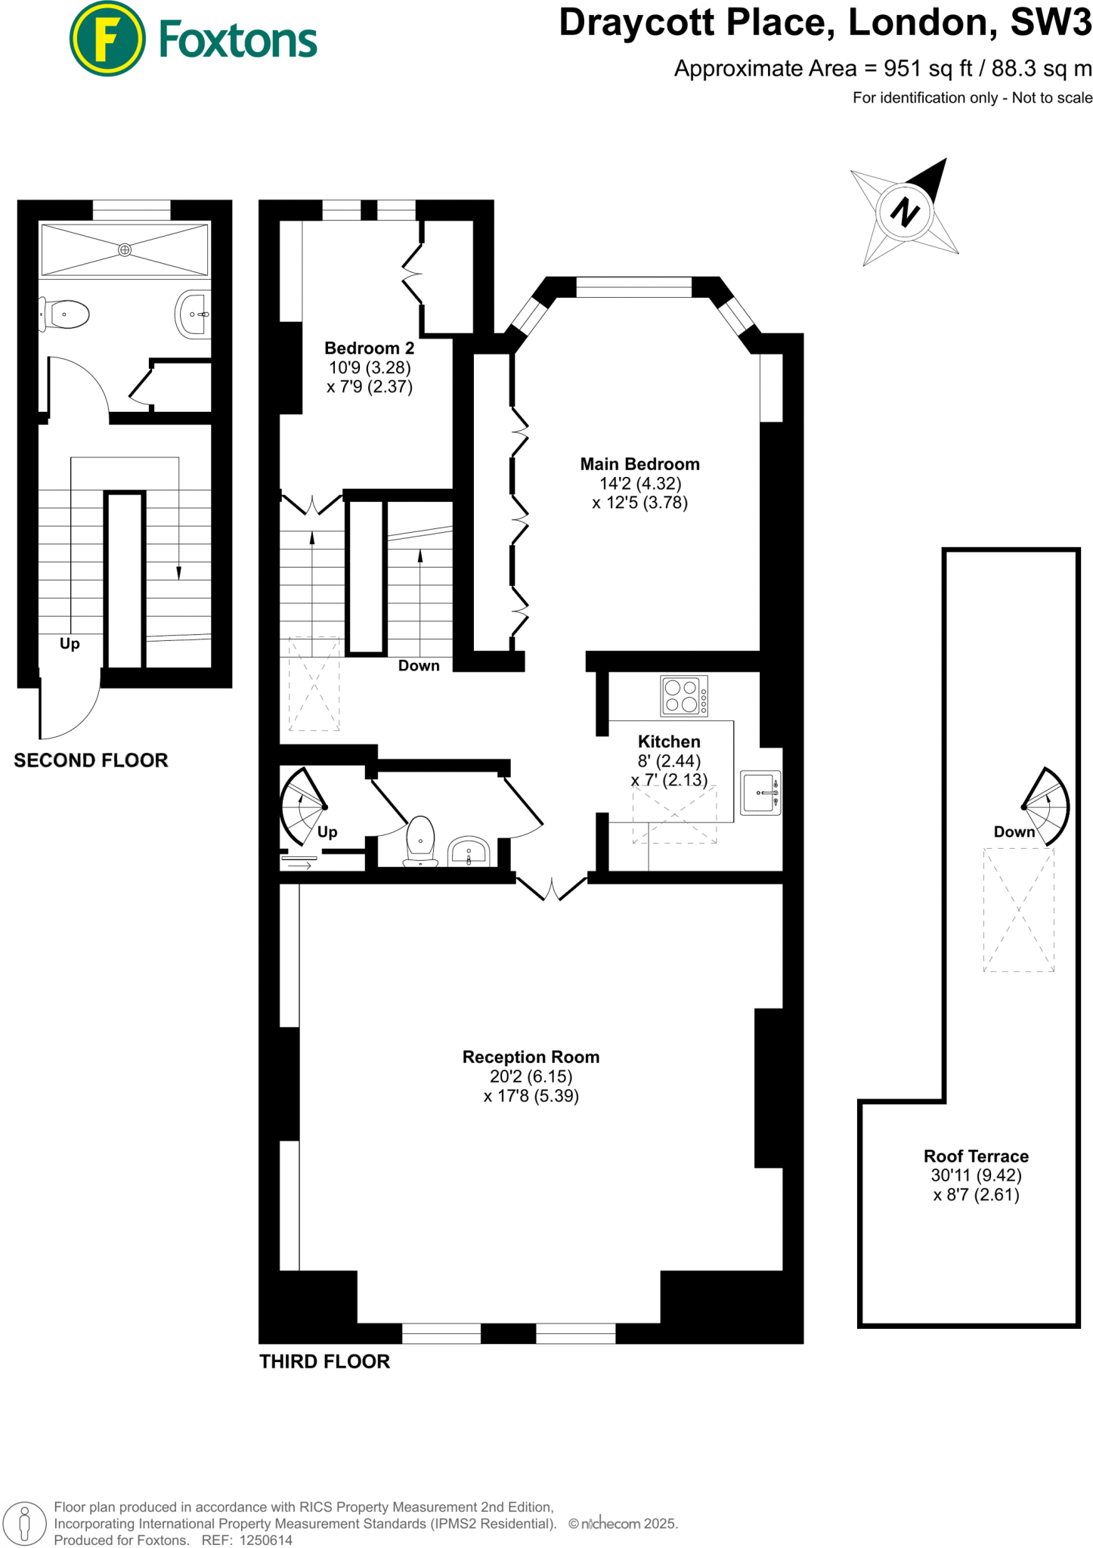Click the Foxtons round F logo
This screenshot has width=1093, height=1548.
click(x=107, y=39)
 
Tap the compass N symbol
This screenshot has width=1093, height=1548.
click(x=905, y=212)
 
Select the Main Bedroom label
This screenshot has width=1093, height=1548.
click(x=639, y=464)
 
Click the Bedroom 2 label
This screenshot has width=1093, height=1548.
click(x=369, y=348)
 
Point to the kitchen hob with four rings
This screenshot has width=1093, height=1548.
click(x=683, y=696)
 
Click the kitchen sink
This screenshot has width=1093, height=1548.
click(x=760, y=793)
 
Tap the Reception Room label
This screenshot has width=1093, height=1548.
click(x=531, y=1057)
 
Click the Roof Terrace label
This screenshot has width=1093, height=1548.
click(x=976, y=1156)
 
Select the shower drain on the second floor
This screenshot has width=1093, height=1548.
click(x=125, y=249)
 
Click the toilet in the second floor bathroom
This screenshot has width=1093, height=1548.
click(x=66, y=314)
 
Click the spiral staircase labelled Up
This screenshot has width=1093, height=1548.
click(x=303, y=807)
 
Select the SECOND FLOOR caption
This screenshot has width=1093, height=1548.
click(x=91, y=760)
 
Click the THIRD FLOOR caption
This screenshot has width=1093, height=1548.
click(x=324, y=1361)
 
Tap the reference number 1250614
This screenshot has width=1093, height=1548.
click(x=265, y=1540)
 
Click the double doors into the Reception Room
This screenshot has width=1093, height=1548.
click(x=552, y=889)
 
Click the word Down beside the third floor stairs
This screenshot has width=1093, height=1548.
click(x=419, y=666)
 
